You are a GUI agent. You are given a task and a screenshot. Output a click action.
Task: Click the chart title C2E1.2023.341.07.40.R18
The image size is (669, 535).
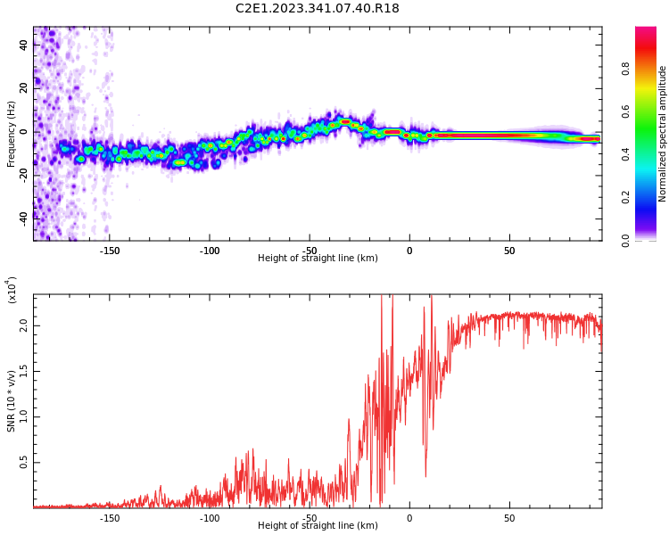tap(318, 9)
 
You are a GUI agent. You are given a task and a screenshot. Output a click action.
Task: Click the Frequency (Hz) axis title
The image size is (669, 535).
tap(12, 134)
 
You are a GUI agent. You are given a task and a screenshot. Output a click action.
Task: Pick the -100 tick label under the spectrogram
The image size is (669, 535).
tap(209, 251)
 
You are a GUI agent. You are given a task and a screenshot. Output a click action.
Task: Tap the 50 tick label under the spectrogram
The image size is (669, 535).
tap(509, 251)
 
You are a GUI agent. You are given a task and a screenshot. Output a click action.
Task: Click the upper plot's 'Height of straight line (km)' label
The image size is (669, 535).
tap(318, 259)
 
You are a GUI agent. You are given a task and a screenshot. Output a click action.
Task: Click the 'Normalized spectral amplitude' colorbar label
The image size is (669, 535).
tap(663, 134)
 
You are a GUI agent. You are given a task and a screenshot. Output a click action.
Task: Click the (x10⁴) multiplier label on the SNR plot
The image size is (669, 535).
tap(12, 290)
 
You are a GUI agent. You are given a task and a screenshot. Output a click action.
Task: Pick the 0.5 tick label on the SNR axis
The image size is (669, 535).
tap(23, 462)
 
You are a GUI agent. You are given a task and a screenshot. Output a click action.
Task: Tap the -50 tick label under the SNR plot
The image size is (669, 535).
tap(309, 518)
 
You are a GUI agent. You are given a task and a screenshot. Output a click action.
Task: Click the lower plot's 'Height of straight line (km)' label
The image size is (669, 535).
tap(318, 526)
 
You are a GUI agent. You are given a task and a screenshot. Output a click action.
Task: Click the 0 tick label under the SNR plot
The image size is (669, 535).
tap(409, 518)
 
